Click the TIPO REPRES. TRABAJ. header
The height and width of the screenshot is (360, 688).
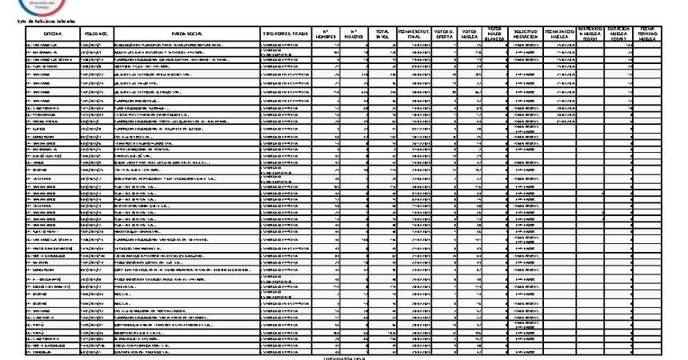click(x=286, y=34)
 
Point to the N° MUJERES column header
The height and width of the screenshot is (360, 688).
click(x=357, y=34)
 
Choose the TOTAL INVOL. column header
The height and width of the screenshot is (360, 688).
click(x=383, y=34)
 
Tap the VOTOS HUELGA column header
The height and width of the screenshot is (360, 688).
click(x=470, y=34)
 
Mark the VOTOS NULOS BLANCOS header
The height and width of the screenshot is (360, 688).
click(x=495, y=33)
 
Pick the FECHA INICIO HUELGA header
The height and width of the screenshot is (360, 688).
click(x=559, y=34)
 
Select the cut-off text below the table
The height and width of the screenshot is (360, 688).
click(x=343, y=357)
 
